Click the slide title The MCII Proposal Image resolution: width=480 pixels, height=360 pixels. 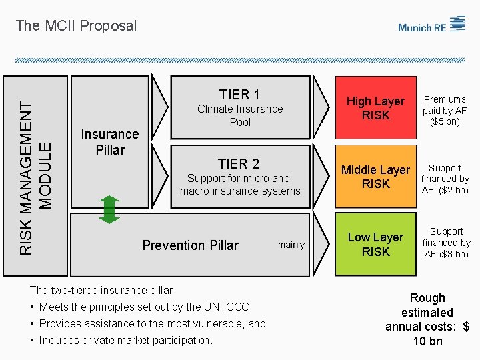click(76, 26)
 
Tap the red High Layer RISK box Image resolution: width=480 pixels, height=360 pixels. click(375, 108)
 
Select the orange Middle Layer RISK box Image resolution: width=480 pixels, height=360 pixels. click(375, 177)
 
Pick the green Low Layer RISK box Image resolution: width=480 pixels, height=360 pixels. click(375, 244)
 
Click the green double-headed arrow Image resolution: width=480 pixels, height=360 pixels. click(111, 209)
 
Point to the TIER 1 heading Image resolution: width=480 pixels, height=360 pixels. click(239, 94)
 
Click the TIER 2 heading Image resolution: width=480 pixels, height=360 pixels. click(239, 163)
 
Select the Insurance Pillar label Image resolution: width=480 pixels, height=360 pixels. click(110, 142)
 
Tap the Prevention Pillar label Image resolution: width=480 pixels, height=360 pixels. click(190, 245)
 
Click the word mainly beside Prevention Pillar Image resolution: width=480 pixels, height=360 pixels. click(291, 245)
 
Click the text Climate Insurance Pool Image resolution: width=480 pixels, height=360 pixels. click(240, 115)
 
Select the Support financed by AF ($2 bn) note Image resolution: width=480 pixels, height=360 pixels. click(445, 179)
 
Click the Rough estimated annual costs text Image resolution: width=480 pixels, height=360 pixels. click(427, 319)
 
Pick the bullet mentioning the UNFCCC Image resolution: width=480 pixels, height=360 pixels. click(144, 307)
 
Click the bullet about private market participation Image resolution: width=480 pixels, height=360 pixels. click(125, 340)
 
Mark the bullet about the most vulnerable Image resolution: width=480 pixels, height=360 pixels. click(152, 323)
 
